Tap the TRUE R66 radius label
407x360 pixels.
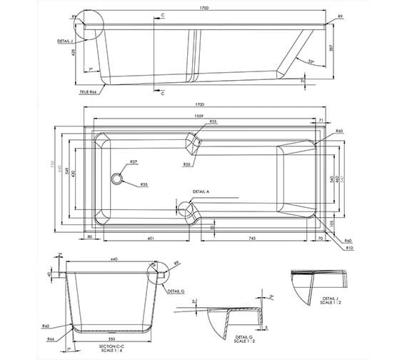pyautogui.click(x=89, y=92)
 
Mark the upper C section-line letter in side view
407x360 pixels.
pyautogui.click(x=163, y=15)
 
